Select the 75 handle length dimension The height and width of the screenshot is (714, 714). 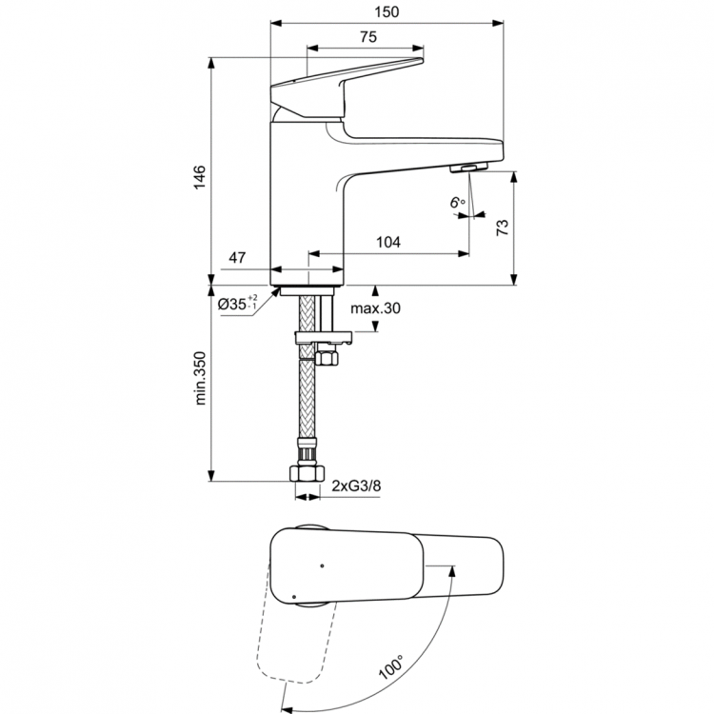[366, 36]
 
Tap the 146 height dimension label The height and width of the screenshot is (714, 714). [199, 179]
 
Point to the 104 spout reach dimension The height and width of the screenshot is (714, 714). [387, 243]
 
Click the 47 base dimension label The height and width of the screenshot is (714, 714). [238, 258]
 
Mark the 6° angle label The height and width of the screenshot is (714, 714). [458, 202]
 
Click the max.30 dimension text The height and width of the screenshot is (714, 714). [375, 309]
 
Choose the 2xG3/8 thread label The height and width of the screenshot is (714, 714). [357, 486]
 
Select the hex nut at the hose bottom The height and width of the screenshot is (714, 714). [307, 473]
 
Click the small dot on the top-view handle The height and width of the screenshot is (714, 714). [323, 565]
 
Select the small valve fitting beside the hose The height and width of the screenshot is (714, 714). [326, 358]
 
